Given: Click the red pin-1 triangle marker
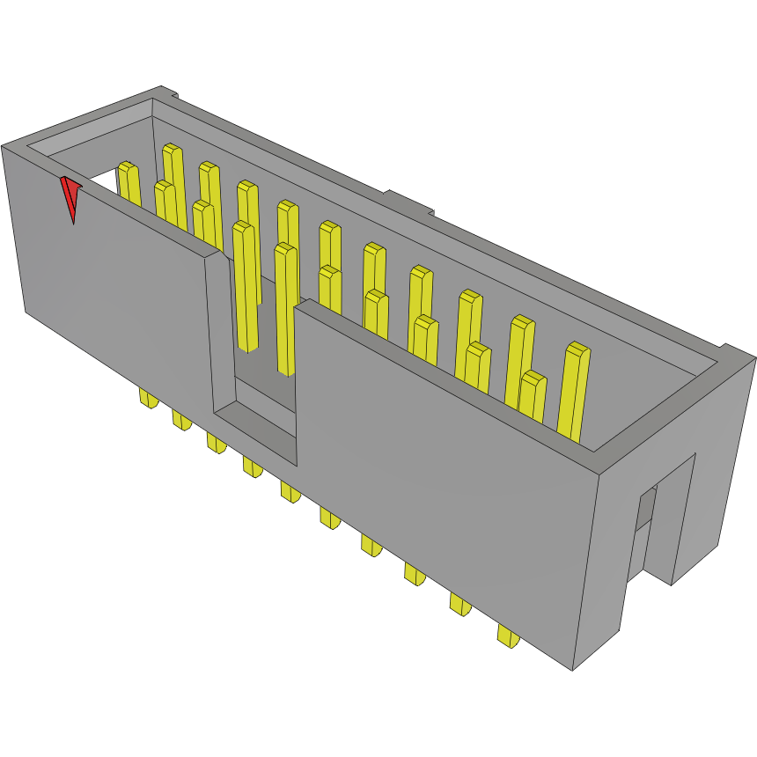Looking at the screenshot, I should (x=70, y=196).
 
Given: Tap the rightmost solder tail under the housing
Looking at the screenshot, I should (x=507, y=636).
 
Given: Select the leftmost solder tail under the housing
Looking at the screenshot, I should (x=148, y=400).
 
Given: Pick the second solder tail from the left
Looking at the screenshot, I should (x=181, y=420).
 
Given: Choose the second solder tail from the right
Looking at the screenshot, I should (x=459, y=605).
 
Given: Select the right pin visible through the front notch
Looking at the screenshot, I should (x=286, y=308).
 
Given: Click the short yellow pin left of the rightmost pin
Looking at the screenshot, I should (x=533, y=396).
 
